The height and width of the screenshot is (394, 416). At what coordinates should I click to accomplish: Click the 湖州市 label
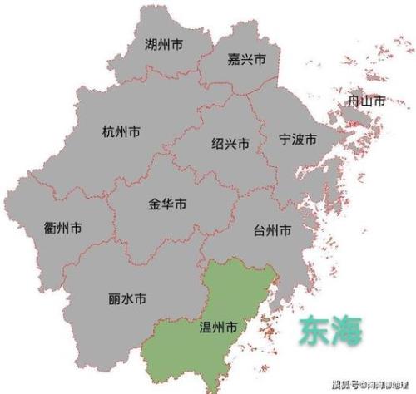point(164,43)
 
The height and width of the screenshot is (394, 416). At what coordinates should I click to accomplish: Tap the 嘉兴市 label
point(246,60)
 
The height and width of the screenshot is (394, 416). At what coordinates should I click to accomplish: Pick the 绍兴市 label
point(230,143)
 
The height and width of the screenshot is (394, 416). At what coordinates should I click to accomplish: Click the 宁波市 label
point(298,139)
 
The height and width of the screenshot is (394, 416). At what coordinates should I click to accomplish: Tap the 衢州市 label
point(62,228)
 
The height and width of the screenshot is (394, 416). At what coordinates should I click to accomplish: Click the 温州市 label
point(220,327)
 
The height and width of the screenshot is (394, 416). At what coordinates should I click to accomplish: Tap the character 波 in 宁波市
point(298,139)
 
